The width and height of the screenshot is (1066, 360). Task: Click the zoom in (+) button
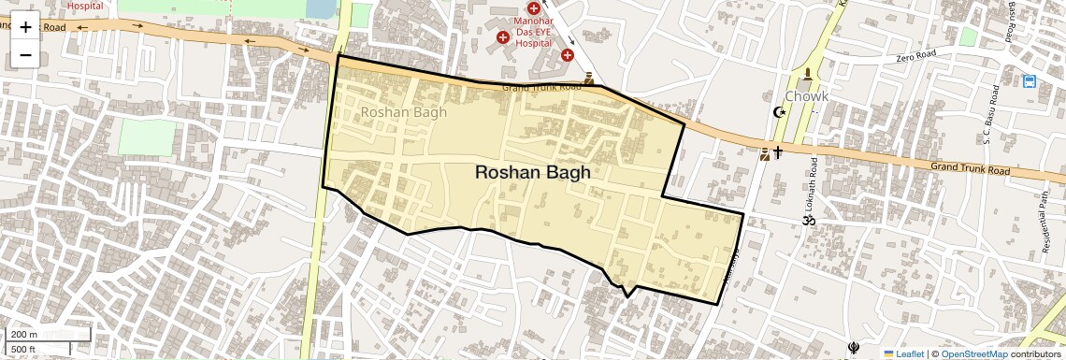(x=25, y=27)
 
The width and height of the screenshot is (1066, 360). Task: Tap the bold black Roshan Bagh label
(x=533, y=172)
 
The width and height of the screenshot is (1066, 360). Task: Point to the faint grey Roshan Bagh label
(x=403, y=112)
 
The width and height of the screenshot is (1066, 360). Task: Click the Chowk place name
(x=806, y=95)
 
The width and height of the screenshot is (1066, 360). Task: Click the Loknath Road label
(x=810, y=191)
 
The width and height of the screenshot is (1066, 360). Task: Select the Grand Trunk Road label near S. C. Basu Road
(x=971, y=169)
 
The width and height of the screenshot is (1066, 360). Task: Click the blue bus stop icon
(x=1030, y=81)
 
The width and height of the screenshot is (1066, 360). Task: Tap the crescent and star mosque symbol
(x=777, y=112)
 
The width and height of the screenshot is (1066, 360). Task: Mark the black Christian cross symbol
(x=778, y=151)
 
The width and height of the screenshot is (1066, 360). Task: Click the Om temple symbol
(x=803, y=221)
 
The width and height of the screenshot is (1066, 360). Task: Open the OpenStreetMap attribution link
(x=973, y=353)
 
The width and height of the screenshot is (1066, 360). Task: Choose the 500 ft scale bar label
(x=23, y=349)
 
